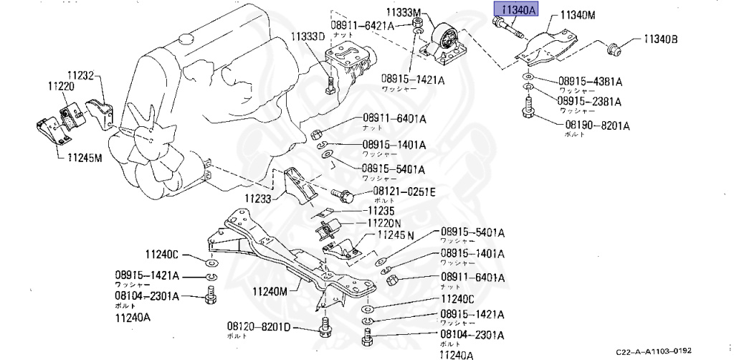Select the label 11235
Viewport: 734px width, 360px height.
click(x=383, y=212)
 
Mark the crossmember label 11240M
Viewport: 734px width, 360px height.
click(x=270, y=292)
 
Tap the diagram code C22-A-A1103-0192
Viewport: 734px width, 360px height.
click(x=653, y=350)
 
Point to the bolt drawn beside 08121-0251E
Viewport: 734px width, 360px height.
click(x=342, y=194)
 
